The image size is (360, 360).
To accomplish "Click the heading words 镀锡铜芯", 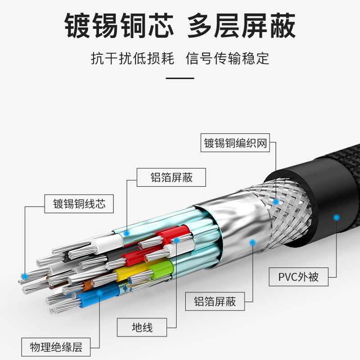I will click(119, 26).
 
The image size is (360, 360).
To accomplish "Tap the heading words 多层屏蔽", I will click(242, 26).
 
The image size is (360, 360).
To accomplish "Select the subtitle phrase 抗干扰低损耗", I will click(132, 58).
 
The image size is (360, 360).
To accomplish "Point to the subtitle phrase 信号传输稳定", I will click(228, 58).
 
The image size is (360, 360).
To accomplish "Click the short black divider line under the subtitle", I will click(180, 78).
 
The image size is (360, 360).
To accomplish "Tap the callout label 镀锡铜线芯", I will click(79, 204).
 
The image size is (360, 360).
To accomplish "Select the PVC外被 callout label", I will click(298, 276).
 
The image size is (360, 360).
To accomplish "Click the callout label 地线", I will click(142, 327).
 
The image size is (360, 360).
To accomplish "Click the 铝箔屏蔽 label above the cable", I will click(171, 177).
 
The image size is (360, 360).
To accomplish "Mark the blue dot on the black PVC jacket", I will click(335, 218).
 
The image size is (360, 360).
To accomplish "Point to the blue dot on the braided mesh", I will click(275, 202).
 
